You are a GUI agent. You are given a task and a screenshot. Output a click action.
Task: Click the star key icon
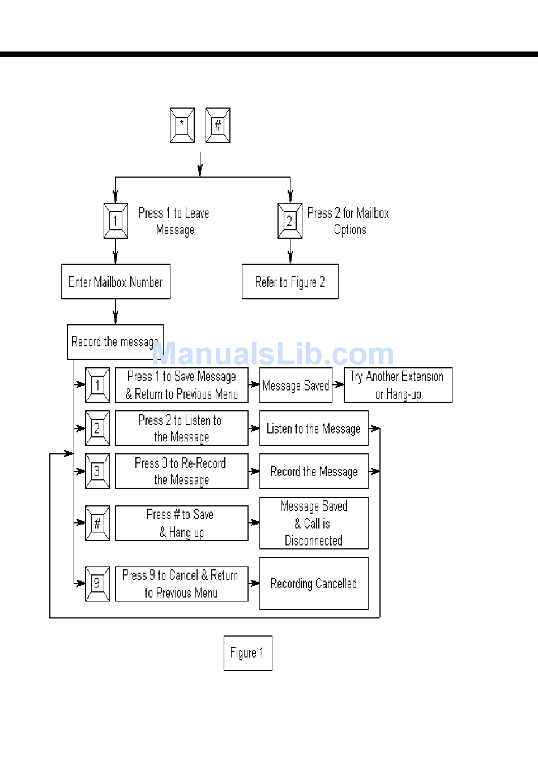182,125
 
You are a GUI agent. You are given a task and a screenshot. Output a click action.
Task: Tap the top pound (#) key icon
218,125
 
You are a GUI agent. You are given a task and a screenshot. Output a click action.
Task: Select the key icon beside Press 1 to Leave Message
116,221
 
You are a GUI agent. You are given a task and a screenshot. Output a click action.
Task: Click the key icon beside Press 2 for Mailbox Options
290,221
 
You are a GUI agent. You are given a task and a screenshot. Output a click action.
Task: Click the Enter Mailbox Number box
116,281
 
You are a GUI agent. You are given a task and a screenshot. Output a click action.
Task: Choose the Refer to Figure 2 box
290,281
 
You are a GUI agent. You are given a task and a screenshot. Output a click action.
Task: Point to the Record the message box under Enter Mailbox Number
115,342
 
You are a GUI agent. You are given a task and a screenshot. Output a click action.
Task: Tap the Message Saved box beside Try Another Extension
296,385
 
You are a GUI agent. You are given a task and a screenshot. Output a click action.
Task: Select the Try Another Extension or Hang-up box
398,385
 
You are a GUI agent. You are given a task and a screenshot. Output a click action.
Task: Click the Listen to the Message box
314,428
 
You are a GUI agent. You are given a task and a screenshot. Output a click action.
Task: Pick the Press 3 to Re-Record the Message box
181,471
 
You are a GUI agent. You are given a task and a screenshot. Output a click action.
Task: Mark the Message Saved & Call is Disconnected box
314,523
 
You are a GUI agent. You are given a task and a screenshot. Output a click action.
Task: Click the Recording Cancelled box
314,583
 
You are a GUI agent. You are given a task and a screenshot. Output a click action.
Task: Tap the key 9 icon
97,583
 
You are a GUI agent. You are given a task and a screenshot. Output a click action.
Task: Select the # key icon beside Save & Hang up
97,523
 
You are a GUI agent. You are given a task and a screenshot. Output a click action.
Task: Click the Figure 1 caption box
247,653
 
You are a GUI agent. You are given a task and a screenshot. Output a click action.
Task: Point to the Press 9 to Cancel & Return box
181,583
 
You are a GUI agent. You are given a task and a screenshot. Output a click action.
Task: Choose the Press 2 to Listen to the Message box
181,428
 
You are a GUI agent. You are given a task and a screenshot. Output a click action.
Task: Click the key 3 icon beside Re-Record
97,471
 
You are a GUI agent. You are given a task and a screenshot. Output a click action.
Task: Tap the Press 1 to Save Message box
181,385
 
